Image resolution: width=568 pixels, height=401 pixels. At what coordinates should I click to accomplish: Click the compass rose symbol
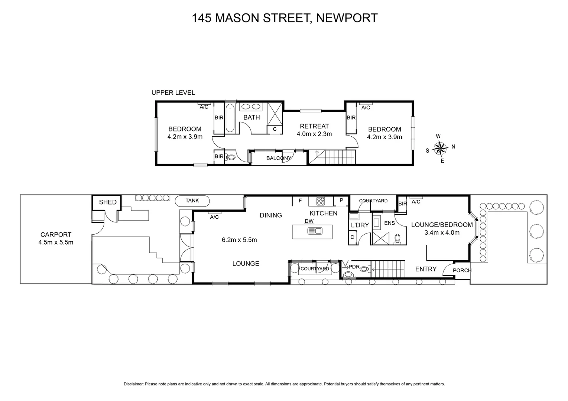coord(440,149)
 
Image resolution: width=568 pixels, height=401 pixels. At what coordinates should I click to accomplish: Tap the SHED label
coord(108,202)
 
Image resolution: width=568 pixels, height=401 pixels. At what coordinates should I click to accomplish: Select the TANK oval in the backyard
coord(192,201)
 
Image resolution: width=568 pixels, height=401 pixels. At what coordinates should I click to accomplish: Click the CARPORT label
coord(56,235)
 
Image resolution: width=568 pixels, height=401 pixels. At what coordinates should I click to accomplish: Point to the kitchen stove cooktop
coord(321,201)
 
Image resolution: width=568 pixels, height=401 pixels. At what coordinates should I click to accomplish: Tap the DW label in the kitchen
coord(309,221)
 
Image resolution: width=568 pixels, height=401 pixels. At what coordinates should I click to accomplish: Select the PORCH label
coord(462,270)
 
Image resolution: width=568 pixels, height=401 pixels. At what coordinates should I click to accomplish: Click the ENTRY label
coord(426,269)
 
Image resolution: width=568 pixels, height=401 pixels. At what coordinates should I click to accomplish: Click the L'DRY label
coord(360,225)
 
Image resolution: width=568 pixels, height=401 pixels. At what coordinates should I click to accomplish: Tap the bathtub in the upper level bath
coord(230,118)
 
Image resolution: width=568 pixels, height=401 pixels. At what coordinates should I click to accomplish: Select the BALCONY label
coord(279,158)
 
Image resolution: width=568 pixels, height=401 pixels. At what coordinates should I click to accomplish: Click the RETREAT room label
coord(314,126)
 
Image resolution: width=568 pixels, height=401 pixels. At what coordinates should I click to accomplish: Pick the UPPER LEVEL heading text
coord(173,93)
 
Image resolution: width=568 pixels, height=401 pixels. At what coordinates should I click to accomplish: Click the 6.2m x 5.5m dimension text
coord(239,240)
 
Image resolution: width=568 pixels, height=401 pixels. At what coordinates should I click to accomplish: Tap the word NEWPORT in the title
coord(346,18)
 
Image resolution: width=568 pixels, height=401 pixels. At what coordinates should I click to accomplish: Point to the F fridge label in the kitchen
coord(300,201)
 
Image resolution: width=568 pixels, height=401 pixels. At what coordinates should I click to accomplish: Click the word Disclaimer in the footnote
coord(133,384)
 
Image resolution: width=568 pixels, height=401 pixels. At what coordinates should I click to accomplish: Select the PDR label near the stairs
coord(354,267)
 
